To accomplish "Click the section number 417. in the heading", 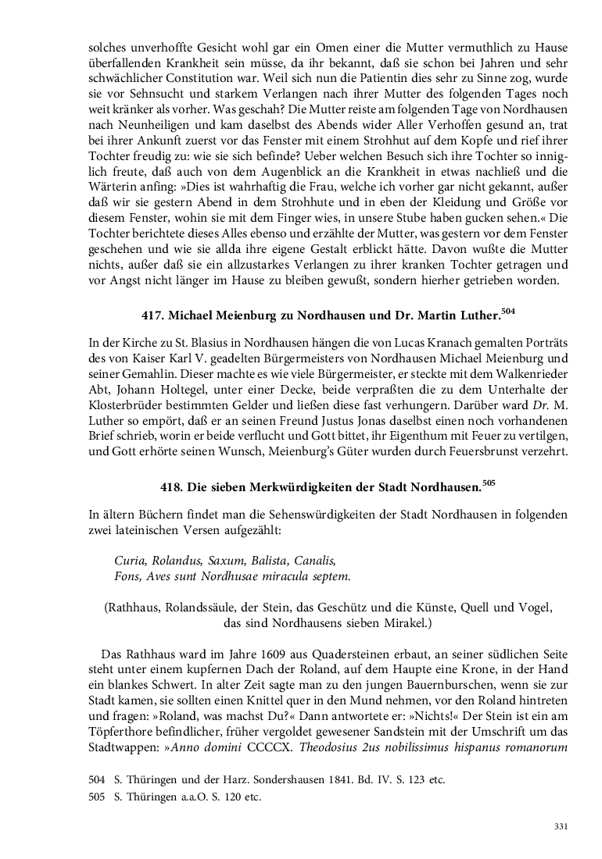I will coord(153,315).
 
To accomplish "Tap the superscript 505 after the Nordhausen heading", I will coord(489,483).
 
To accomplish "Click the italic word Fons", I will coord(127,576).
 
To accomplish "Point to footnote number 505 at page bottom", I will coord(97,797).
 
